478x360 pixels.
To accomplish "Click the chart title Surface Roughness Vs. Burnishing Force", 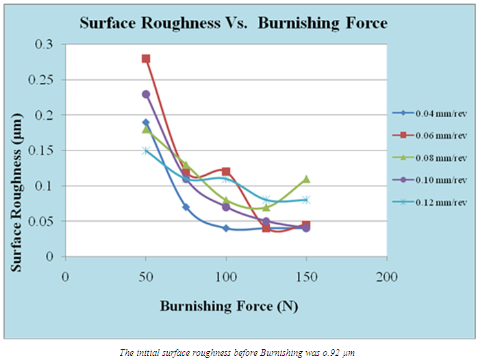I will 234,23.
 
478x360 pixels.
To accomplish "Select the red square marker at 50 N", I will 146,59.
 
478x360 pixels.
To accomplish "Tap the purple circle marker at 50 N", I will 146,94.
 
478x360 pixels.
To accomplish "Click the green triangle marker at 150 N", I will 306,179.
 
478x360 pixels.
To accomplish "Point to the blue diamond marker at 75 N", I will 186,207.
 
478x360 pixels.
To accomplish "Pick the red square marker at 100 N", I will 226,172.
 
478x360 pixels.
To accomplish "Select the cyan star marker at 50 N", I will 146,151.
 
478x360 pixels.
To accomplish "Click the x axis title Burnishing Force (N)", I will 229,306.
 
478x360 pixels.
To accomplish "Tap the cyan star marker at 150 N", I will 306,200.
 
